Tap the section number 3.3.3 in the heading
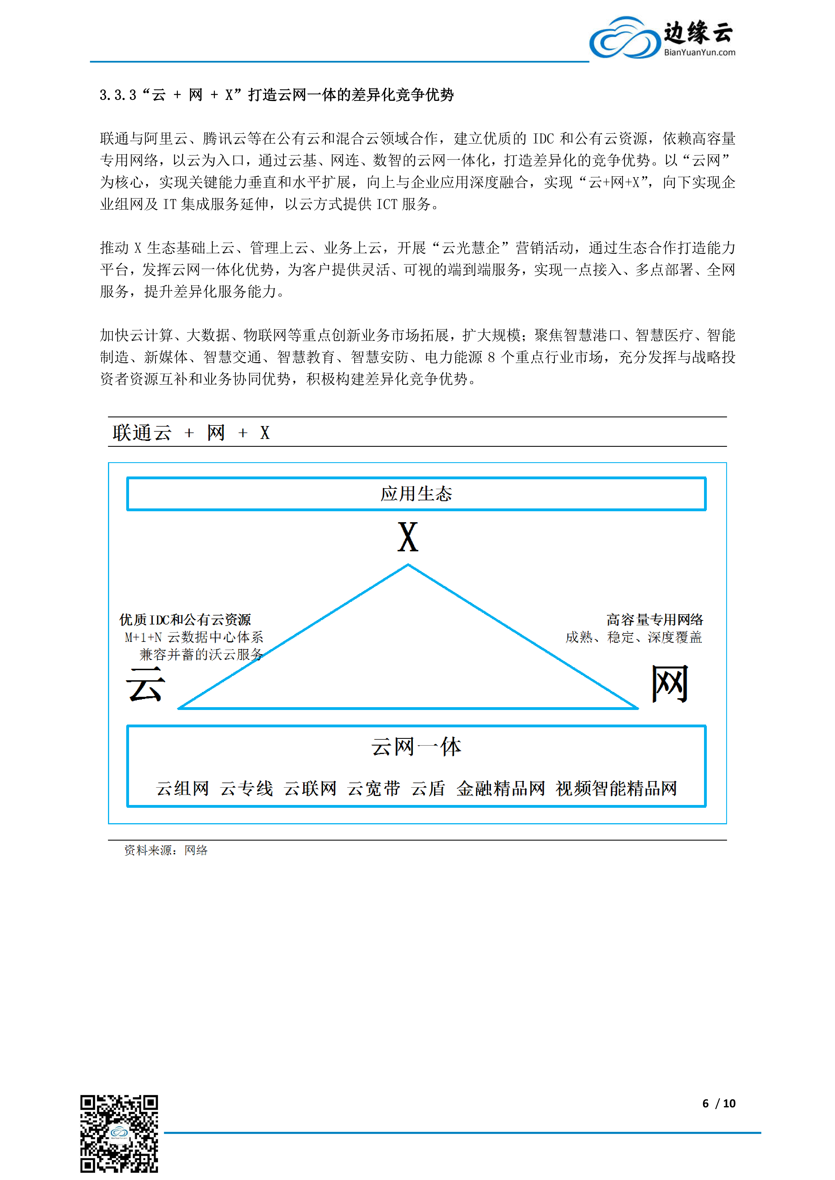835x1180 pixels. pos(118,95)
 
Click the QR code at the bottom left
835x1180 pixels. pos(119,1134)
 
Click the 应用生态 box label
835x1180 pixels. pos(416,494)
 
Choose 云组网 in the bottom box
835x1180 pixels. pos(183,788)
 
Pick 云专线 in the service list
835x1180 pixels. pos(246,788)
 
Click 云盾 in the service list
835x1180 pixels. pos(428,788)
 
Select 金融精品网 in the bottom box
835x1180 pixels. pos(500,788)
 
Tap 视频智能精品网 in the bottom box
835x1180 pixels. pos(616,788)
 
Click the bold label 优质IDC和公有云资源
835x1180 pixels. pos(185,620)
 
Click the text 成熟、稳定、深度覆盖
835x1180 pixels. pos(633,637)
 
